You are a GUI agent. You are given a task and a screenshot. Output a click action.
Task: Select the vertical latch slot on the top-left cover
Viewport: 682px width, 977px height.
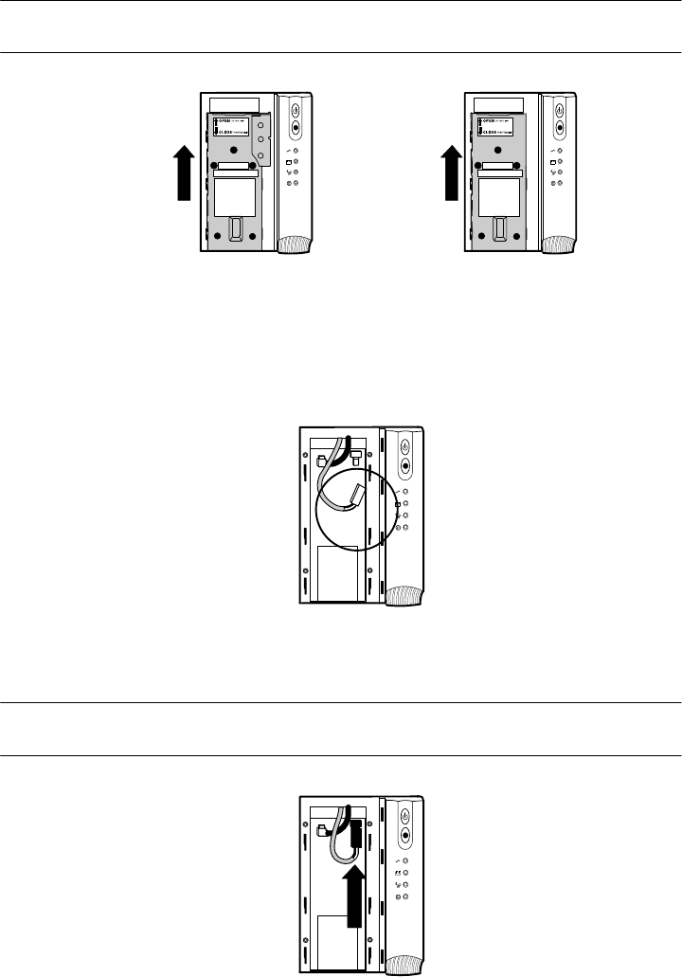coord(237,230)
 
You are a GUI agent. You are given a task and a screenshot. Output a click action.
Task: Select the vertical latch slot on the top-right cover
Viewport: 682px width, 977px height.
coord(500,230)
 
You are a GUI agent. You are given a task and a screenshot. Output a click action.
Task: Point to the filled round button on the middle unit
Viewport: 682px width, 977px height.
coord(405,465)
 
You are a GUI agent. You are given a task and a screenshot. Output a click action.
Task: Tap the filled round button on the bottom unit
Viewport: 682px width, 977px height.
coord(405,837)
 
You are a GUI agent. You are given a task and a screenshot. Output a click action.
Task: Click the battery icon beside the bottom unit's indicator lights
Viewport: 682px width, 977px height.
coord(397,871)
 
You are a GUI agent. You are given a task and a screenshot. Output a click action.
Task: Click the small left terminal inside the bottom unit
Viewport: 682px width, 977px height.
coord(324,831)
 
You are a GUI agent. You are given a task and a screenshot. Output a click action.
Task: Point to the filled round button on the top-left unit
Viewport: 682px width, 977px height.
coord(296,126)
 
